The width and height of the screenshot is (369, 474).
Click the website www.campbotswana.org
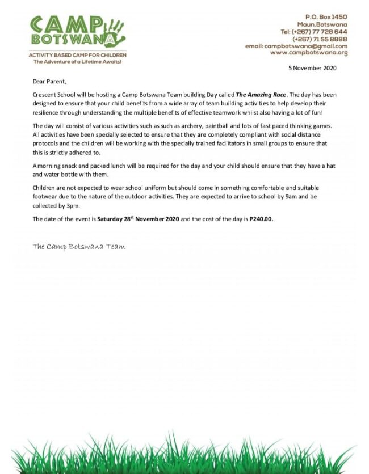point(308,53)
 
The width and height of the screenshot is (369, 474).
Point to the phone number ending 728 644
point(326,32)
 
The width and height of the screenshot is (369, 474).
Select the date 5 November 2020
point(312,68)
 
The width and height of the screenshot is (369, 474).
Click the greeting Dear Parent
point(49,82)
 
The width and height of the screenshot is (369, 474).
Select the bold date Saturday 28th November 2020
point(138,219)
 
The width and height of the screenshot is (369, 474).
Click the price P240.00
point(261,219)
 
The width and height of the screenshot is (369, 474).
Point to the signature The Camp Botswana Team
point(79,247)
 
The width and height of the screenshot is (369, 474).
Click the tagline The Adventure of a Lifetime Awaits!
point(78,61)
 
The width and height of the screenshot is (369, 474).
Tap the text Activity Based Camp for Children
point(78,55)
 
